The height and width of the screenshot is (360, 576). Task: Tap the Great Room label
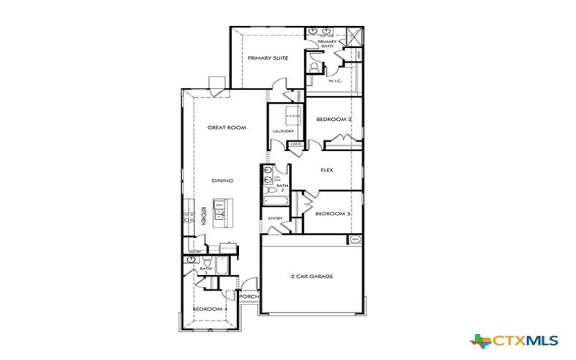point(227,127)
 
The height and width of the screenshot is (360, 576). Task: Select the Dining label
point(222,180)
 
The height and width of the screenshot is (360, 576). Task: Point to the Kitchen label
point(204,217)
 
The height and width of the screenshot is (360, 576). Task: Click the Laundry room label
point(283,131)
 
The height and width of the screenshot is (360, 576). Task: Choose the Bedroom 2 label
point(333,119)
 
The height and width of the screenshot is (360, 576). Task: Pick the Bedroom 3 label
point(333,214)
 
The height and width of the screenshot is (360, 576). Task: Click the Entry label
point(275,218)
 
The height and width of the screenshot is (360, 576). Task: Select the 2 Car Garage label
point(312,276)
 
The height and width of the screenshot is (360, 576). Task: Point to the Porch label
point(249,297)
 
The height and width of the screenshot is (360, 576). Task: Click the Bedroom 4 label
point(210,309)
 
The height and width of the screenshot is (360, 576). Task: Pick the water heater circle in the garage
point(355,239)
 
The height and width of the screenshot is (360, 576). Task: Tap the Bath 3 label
point(205,271)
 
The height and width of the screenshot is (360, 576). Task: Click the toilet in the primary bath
point(313,66)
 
